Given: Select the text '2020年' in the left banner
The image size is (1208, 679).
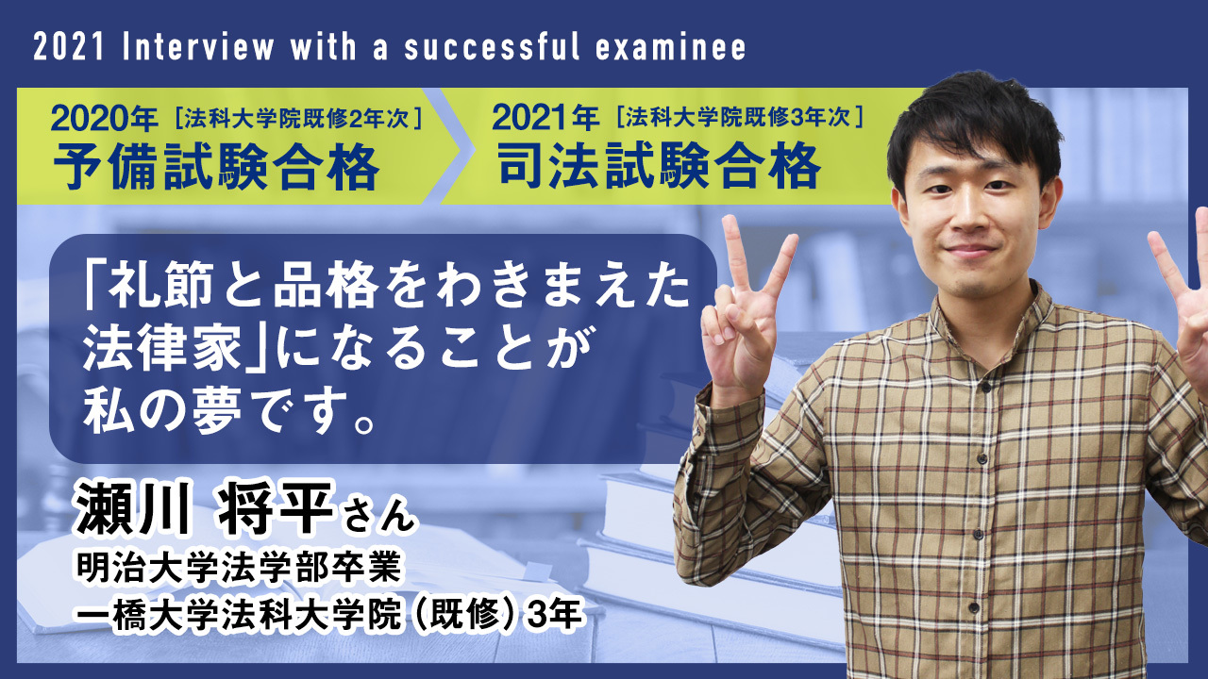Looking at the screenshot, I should [105, 120].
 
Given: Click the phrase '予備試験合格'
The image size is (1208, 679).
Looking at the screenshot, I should [216, 169].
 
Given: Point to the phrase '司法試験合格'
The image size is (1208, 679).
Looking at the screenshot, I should [659, 169].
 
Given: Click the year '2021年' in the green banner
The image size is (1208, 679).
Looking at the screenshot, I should [545, 120].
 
